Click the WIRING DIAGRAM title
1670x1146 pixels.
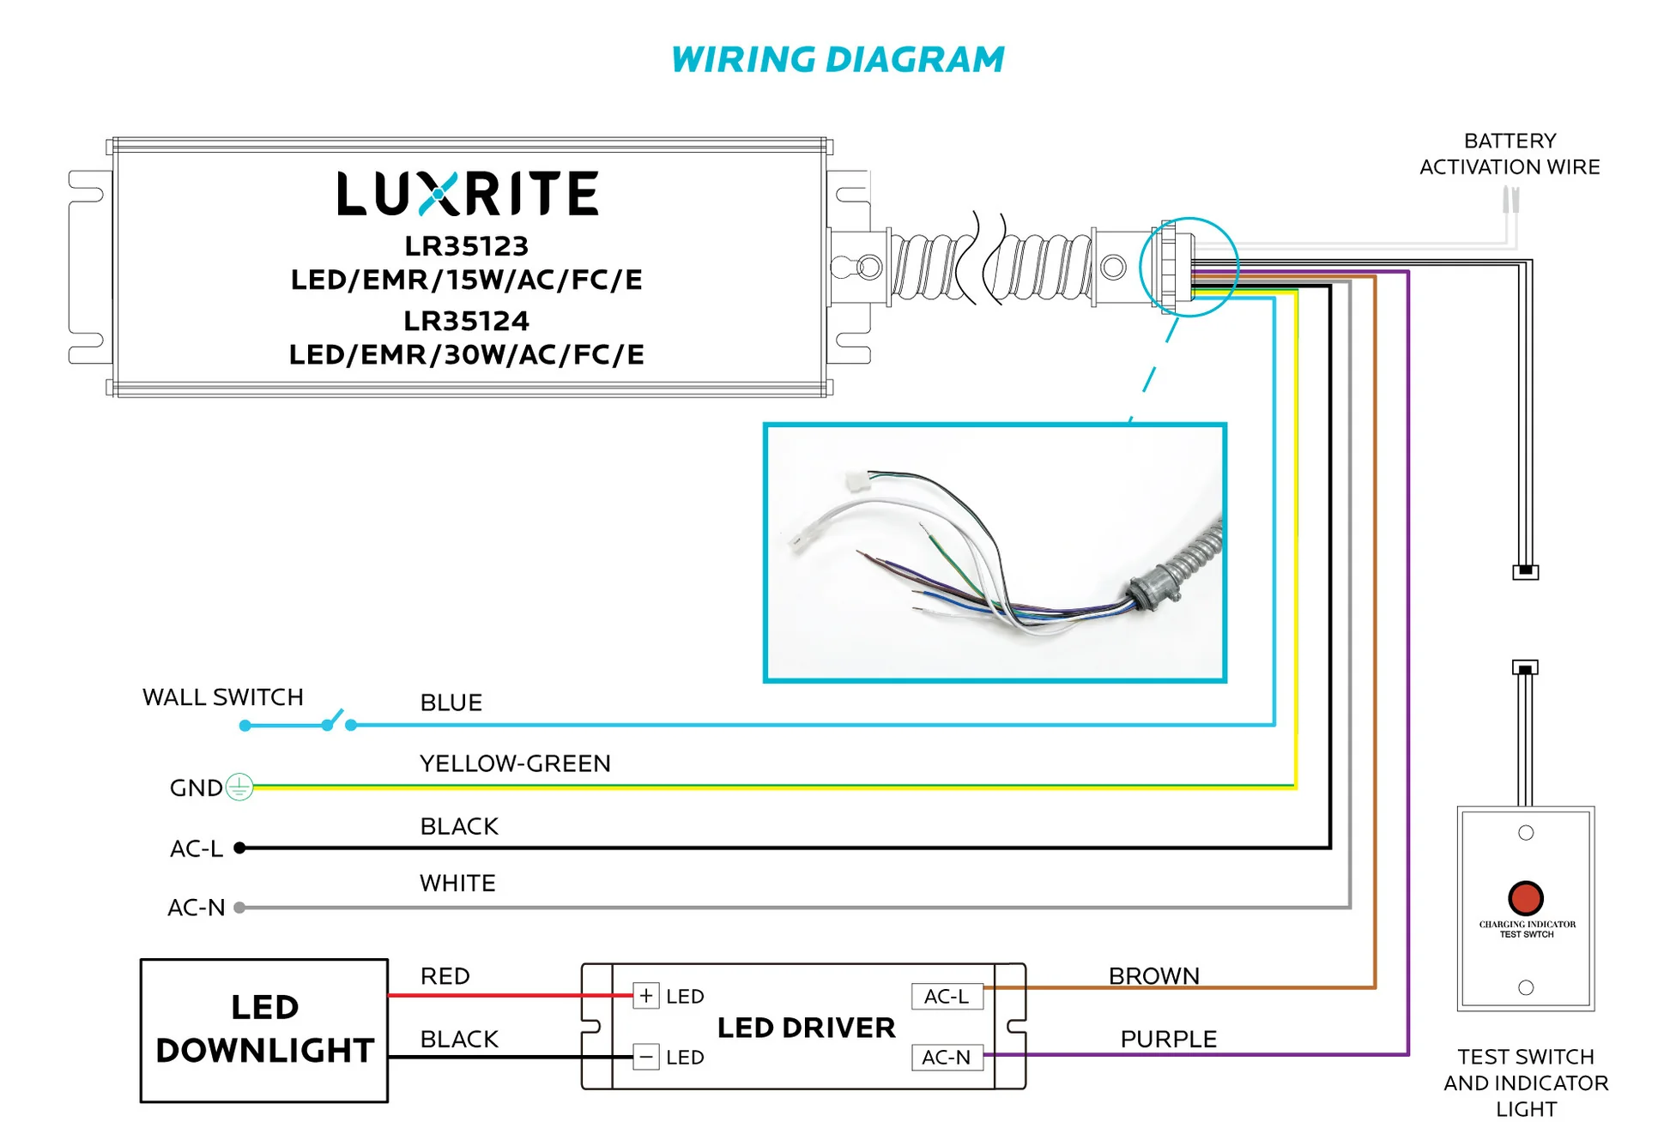click(837, 60)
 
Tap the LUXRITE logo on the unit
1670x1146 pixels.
click(468, 193)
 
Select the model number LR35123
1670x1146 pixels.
click(466, 246)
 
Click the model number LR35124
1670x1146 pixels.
click(466, 321)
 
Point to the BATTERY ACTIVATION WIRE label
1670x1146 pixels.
click(1509, 154)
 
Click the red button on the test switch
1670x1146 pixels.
click(1525, 897)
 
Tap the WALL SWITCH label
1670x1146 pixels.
click(223, 697)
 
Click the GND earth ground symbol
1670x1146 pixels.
click(239, 787)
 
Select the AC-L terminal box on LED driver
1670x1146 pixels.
click(947, 996)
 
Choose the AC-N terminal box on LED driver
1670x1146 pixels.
click(947, 1057)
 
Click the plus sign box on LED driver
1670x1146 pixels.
click(646, 996)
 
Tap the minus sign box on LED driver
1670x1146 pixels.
click(646, 1057)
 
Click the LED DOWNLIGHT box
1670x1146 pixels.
click(264, 1029)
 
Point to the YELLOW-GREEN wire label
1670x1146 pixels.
click(515, 763)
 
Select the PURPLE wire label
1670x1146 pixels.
click(1168, 1039)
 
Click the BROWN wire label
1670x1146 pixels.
click(1153, 976)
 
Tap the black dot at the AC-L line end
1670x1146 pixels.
click(240, 848)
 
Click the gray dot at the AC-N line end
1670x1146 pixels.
click(239, 908)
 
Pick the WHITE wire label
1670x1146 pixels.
click(457, 884)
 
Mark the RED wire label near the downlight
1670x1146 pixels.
click(445, 976)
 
